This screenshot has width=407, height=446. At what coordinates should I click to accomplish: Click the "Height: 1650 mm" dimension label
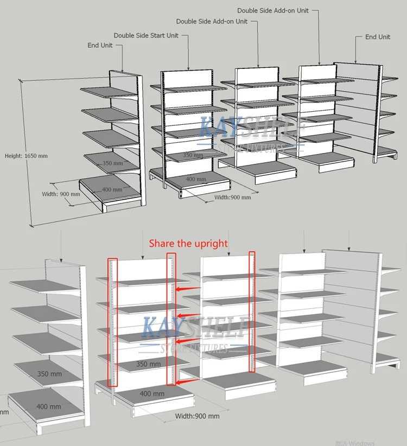[x=26, y=156]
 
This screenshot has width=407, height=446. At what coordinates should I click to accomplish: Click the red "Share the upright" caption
[x=188, y=244]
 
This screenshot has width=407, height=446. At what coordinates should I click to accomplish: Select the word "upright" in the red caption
[x=211, y=244]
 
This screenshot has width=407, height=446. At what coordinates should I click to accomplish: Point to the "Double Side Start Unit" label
[x=146, y=35]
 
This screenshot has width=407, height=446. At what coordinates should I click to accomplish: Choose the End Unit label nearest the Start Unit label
[x=100, y=45]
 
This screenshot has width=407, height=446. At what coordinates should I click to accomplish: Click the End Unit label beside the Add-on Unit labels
[x=377, y=37]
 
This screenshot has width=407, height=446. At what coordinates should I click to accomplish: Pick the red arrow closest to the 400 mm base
[x=187, y=383]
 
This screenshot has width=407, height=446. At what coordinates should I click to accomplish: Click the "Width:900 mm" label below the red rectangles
[x=197, y=416]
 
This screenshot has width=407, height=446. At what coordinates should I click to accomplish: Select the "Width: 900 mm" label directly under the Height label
[x=61, y=194]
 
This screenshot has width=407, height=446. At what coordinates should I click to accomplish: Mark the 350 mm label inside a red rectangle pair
[x=148, y=364]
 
